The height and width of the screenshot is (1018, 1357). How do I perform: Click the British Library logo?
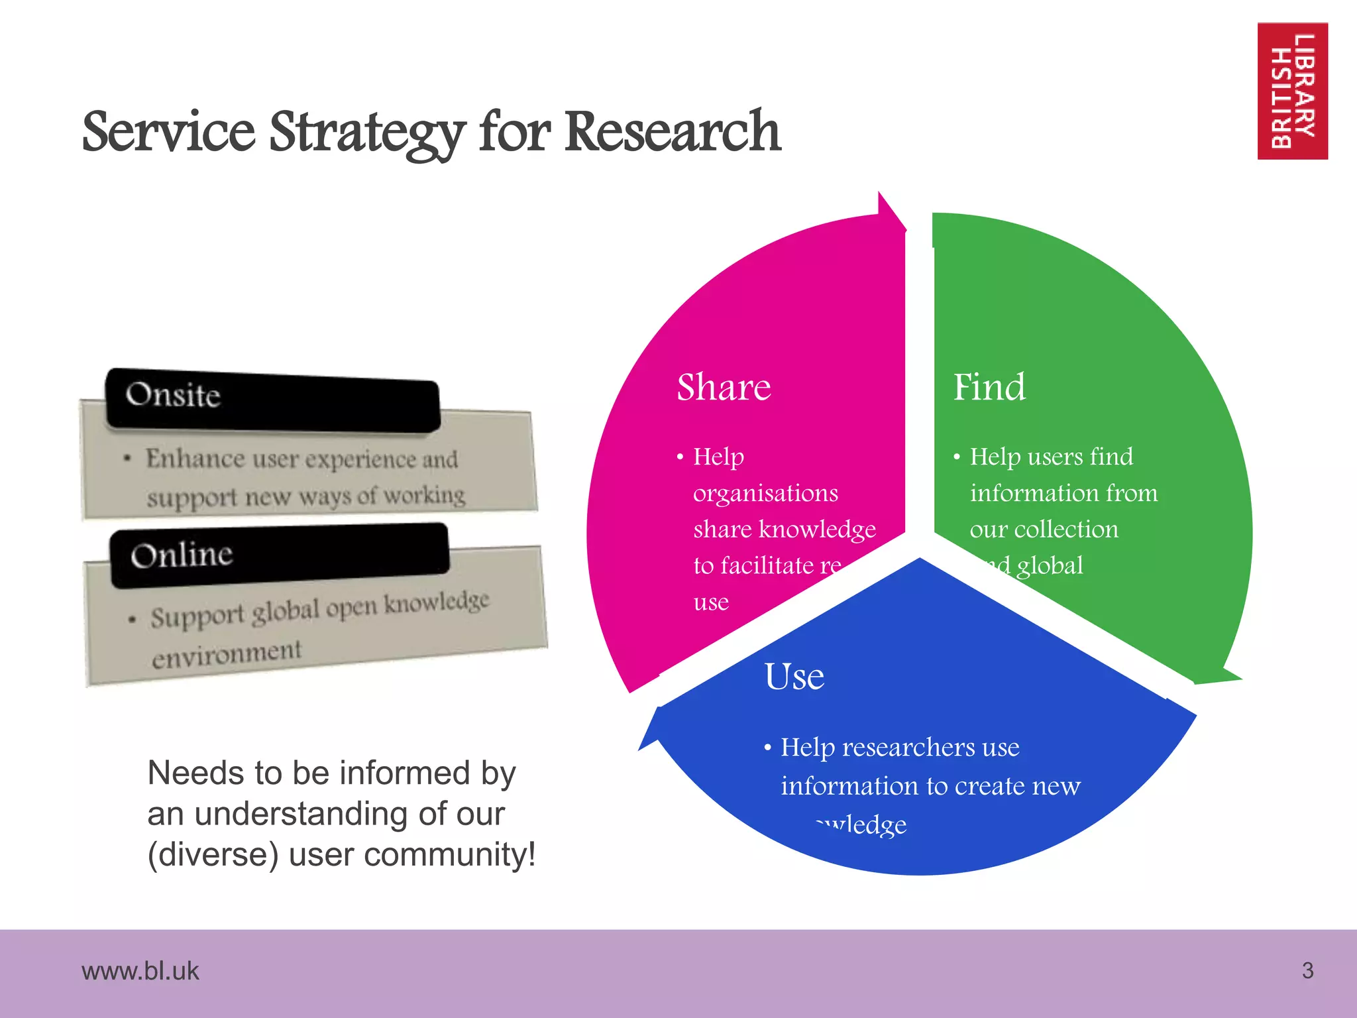coord(1292,91)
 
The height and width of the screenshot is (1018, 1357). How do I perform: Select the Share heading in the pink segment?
coord(724,387)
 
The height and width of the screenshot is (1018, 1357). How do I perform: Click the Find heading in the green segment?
coord(989,387)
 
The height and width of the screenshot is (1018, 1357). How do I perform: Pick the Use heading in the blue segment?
coord(794,677)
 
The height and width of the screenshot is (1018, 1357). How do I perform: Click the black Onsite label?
coord(272,400)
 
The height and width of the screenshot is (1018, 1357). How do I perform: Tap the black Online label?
coord(278,555)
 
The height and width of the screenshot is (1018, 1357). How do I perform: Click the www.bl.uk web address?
coord(140,971)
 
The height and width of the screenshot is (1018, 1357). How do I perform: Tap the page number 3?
coord(1307,970)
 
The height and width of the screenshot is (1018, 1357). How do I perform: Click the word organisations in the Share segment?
coord(765,494)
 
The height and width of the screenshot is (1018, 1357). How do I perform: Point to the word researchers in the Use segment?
coord(909,748)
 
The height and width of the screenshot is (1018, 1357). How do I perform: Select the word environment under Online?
coord(227,655)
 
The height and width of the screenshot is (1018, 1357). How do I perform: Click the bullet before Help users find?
coord(957,457)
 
